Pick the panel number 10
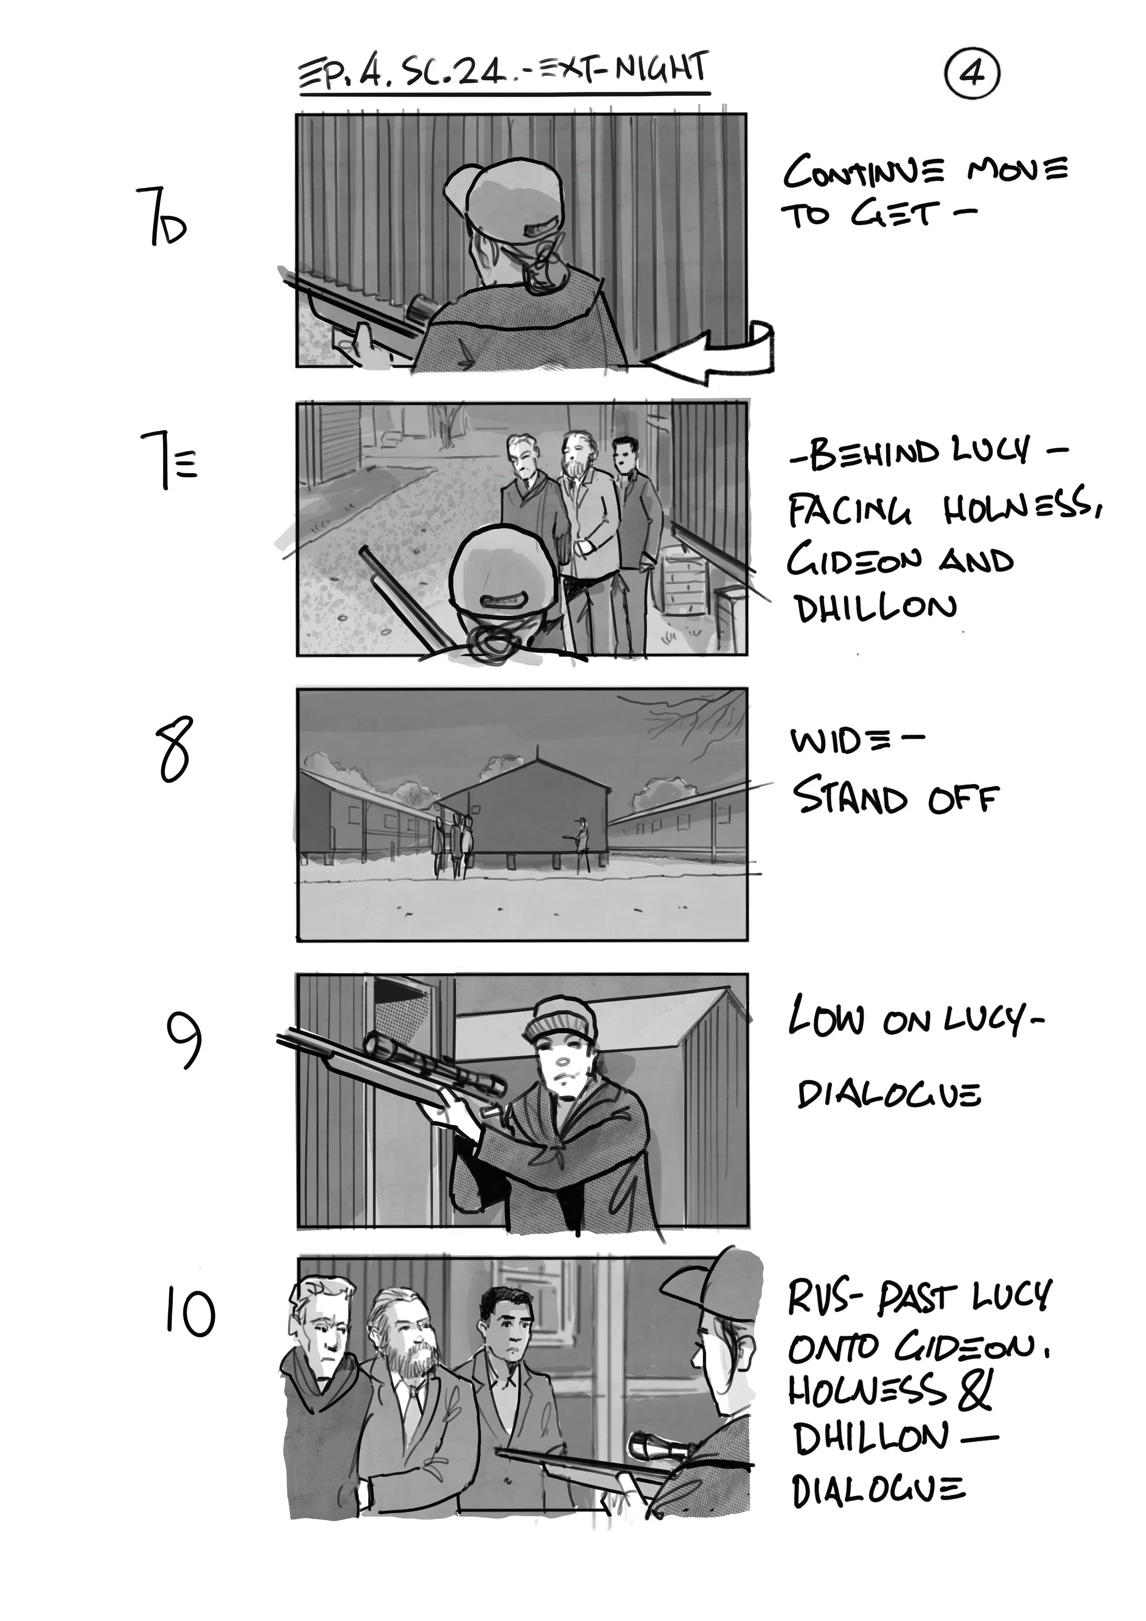[x=189, y=1312]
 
